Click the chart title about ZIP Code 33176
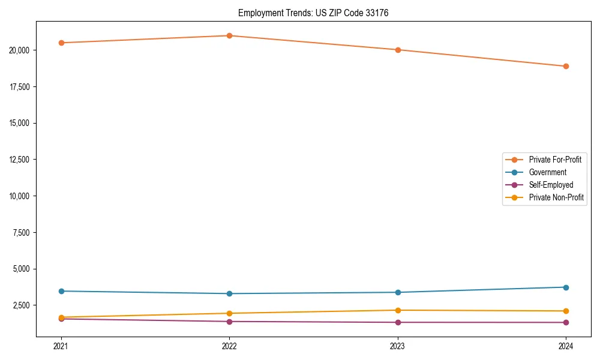pyautogui.click(x=313, y=13)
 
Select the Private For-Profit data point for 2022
pyautogui.click(x=229, y=35)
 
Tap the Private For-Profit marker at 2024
pyautogui.click(x=566, y=66)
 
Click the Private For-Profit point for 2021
pyautogui.click(x=61, y=43)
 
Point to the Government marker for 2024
pyautogui.click(x=566, y=287)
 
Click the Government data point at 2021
pyautogui.click(x=61, y=291)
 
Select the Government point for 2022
pyautogui.click(x=229, y=293)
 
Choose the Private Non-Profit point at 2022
pyautogui.click(x=229, y=313)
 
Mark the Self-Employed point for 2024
pyautogui.click(x=566, y=322)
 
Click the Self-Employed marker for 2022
pyautogui.click(x=229, y=322)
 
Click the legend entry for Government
pyautogui.click(x=547, y=172)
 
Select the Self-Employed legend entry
pyautogui.click(x=551, y=185)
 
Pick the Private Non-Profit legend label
pyautogui.click(x=556, y=197)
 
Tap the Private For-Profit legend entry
pyautogui.click(x=555, y=160)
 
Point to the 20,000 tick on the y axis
pyautogui.click(x=20, y=50)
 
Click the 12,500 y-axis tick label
pyautogui.click(x=20, y=160)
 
